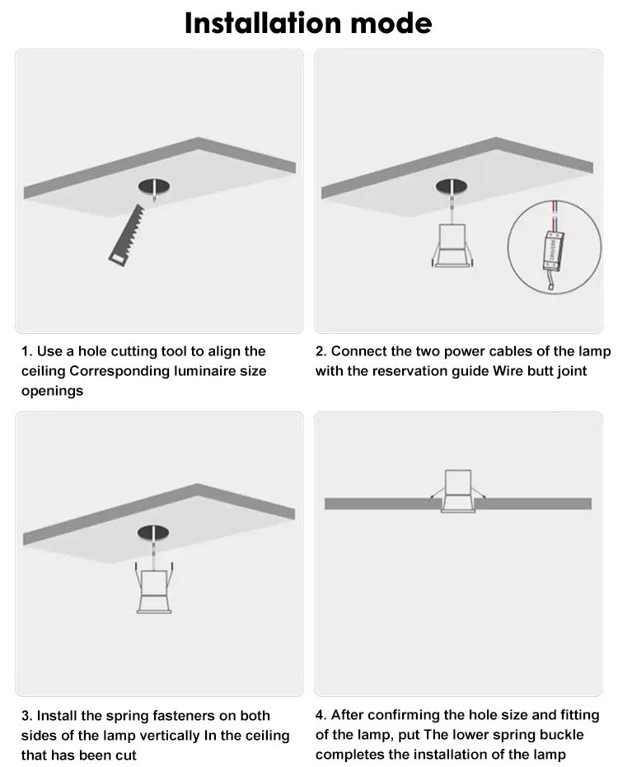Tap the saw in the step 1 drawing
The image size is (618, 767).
pos(127,236)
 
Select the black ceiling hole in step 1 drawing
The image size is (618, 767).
pos(154,186)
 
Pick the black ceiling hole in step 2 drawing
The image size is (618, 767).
pos(452,186)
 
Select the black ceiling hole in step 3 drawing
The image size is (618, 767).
pos(153,533)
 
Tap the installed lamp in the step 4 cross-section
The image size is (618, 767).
pos(458,491)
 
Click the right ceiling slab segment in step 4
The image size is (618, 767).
pos(534,504)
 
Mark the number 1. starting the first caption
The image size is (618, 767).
pos(27,351)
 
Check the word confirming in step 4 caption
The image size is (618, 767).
pos(386,715)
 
